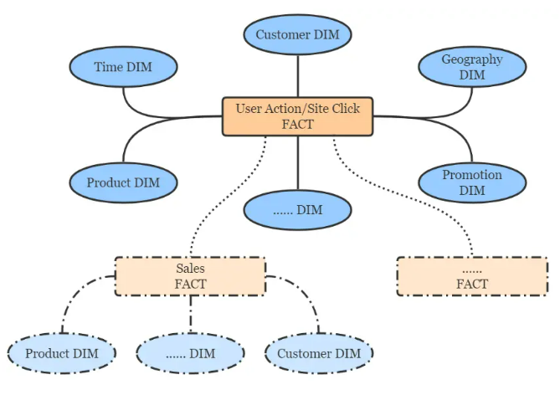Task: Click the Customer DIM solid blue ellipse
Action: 297,35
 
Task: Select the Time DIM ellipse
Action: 123,67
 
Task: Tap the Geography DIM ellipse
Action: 471,67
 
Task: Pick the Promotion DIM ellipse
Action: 471,182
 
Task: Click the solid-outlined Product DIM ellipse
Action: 123,182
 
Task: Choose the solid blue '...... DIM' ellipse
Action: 297,209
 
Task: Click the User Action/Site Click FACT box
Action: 297,116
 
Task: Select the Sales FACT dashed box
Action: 190,276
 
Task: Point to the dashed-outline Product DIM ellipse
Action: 61,353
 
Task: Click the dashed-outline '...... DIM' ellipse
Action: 190,353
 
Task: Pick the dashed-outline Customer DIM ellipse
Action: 318,353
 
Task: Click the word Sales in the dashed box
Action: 190,269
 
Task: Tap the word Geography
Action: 472,59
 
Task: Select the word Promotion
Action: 472,175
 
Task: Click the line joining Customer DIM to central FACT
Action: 297,75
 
